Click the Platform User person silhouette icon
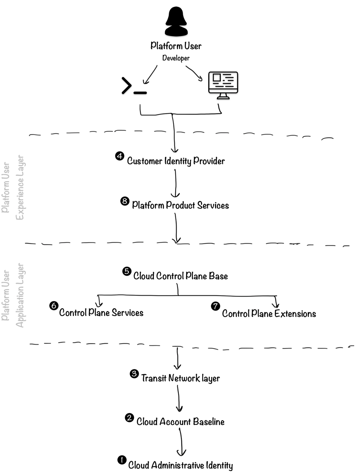point(176,22)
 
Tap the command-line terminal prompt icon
point(134,86)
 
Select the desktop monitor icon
point(223,85)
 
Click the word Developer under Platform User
point(176,58)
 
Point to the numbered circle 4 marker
point(120,156)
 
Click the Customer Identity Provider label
point(176,161)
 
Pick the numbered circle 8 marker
point(125,201)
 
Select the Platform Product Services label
point(180,205)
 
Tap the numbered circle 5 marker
point(127,271)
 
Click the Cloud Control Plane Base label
point(180,276)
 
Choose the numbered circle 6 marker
point(54,305)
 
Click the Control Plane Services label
point(101,313)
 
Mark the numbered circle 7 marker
point(216,306)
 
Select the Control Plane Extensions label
point(269,314)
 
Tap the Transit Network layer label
point(180,378)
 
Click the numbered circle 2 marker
point(129,418)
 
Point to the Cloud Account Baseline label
point(180,422)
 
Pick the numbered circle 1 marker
point(122,460)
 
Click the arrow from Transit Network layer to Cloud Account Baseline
point(179,399)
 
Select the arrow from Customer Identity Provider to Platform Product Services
point(176,183)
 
